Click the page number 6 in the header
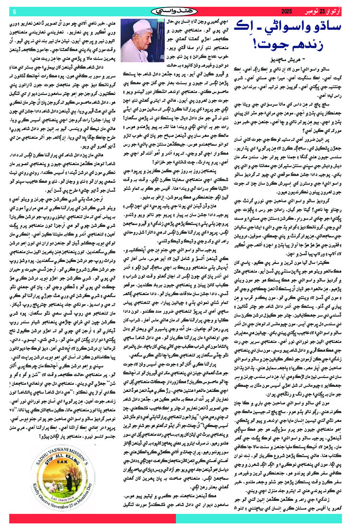click(14, 12)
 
